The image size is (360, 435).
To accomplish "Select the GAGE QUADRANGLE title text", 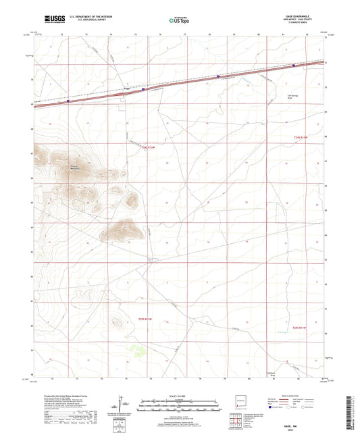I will click(302, 16).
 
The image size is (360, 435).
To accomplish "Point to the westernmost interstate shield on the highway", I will click(68, 101).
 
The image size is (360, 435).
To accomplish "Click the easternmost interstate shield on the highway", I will click(293, 66).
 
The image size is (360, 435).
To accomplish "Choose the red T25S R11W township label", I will click(299, 327).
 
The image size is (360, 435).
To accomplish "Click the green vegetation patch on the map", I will click(138, 350).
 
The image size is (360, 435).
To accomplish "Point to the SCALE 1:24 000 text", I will click(179, 396).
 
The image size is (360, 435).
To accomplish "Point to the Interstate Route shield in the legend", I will click(273, 407).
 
